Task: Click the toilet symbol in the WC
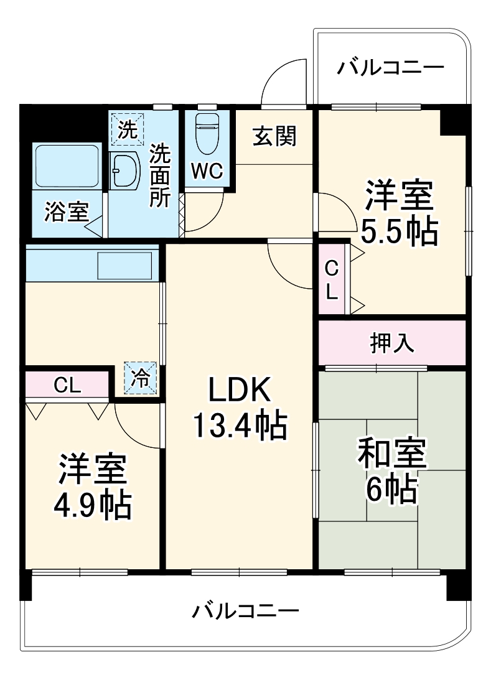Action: click(207, 133)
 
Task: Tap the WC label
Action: click(207, 171)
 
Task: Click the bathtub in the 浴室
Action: click(67, 167)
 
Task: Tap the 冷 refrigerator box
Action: click(141, 378)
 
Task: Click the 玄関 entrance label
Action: click(274, 136)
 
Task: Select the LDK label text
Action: click(240, 391)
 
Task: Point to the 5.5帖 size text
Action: click(399, 232)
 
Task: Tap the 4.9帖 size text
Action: click(93, 505)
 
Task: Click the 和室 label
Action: click(391, 454)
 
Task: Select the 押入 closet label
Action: click(392, 343)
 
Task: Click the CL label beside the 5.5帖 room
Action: click(332, 279)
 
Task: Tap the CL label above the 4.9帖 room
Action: click(67, 386)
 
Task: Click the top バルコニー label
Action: click(391, 67)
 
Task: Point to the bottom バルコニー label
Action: click(245, 610)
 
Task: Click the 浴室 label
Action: click(65, 212)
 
